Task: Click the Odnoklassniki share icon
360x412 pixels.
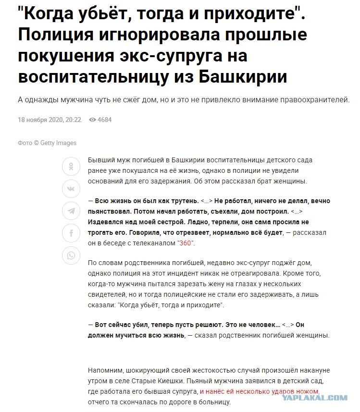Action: tap(71, 167)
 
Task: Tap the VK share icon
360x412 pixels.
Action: tap(71, 189)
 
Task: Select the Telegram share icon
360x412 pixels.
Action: tap(71, 211)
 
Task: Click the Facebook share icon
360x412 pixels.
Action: tap(71, 233)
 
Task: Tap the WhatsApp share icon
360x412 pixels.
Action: tap(71, 255)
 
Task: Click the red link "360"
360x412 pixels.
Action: tap(186, 243)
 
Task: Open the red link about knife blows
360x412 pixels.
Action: tap(260, 391)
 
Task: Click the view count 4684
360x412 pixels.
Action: tap(104, 120)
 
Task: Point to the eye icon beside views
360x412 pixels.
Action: tap(92, 120)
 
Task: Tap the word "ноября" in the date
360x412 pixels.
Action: tap(37, 120)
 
